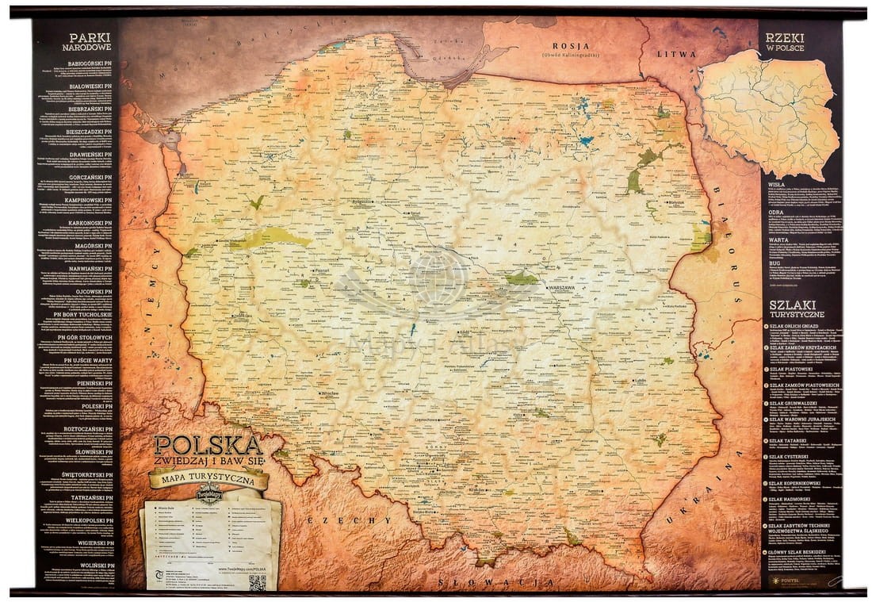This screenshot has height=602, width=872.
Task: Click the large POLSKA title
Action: tap(207, 445)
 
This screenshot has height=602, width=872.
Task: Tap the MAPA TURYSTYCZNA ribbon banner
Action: tap(208, 479)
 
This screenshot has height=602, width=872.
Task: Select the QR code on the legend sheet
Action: tap(257, 581)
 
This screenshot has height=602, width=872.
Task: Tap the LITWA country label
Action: tap(675, 54)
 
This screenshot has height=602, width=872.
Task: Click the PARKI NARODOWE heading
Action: tap(88, 41)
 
